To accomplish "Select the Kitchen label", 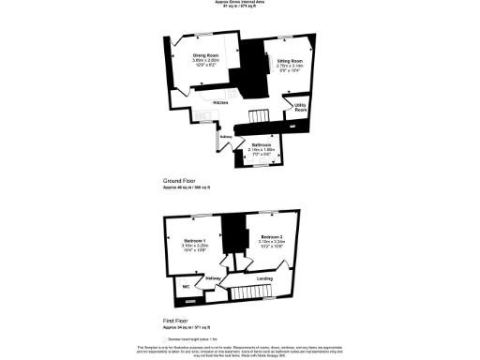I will click(x=221, y=101).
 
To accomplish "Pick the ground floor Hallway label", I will click(x=225, y=137).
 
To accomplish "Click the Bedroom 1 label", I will click(x=195, y=241).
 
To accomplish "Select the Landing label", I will click(x=265, y=277).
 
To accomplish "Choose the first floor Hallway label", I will click(x=212, y=278).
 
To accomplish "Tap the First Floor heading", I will click(x=174, y=320).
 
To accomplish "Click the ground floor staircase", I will click(x=258, y=115).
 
